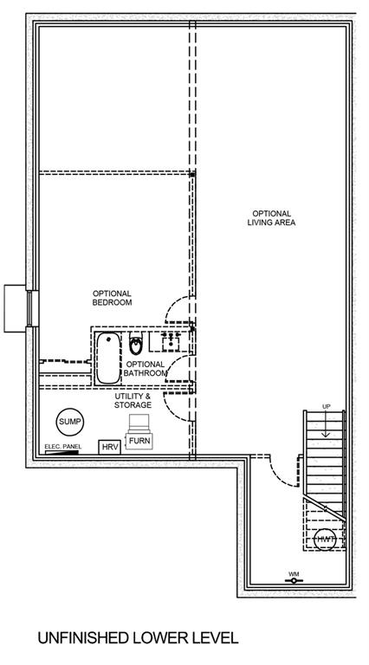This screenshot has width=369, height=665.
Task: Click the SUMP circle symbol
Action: click(x=70, y=422)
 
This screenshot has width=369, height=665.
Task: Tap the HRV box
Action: click(x=110, y=447)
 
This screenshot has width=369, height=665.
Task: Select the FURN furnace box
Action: click(x=139, y=441)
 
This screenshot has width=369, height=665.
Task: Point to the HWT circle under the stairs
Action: click(x=325, y=539)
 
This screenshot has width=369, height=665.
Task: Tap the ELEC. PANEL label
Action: click(x=62, y=447)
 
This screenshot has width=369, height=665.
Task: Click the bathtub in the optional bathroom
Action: click(x=107, y=358)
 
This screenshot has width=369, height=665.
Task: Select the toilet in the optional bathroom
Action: click(x=136, y=345)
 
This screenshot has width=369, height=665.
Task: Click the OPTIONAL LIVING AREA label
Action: click(x=271, y=218)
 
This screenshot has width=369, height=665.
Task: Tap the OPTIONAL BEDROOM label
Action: click(x=112, y=298)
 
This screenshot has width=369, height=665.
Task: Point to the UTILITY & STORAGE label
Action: click(x=133, y=400)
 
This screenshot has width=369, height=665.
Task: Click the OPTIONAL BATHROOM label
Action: click(x=146, y=369)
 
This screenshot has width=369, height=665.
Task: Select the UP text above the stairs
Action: click(x=327, y=407)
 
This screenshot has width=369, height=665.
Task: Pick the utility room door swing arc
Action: click(x=176, y=408)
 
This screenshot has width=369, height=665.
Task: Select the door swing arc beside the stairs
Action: click(x=282, y=474)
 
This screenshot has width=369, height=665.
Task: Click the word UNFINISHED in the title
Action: click(x=82, y=637)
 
